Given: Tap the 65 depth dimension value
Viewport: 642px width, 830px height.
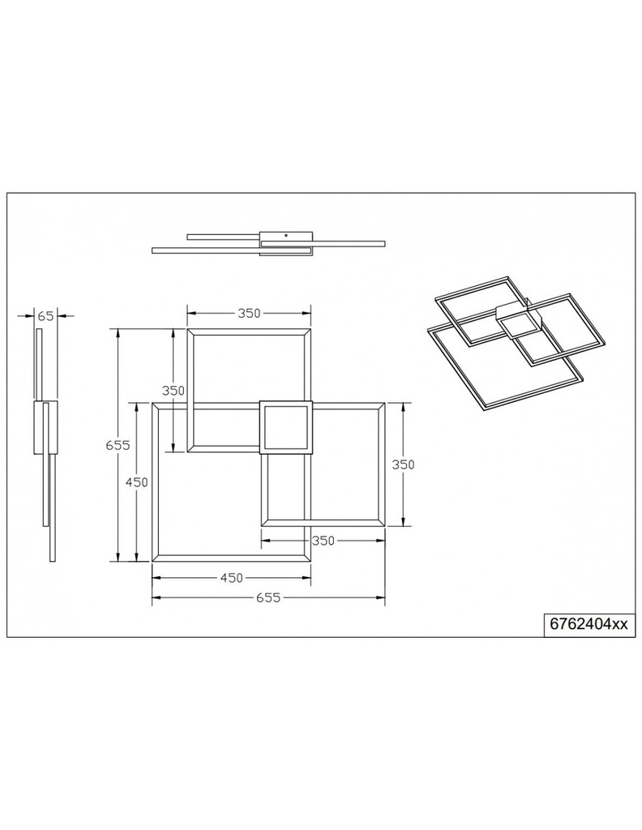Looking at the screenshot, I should (45, 315).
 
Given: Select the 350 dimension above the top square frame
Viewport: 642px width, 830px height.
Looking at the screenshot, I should (249, 314).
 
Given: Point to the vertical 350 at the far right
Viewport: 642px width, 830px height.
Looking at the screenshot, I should (404, 464).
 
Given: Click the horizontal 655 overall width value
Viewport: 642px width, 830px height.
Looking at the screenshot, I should (267, 598).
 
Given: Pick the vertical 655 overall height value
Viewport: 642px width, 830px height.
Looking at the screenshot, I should (118, 445).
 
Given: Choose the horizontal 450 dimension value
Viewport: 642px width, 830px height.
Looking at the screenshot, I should (231, 578).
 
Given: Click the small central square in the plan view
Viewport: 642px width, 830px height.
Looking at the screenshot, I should (285, 426).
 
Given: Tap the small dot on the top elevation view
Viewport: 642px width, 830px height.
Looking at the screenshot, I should (285, 236).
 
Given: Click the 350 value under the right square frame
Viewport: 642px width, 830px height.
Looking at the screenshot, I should (323, 541).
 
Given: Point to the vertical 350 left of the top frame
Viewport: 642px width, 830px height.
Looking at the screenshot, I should (173, 390).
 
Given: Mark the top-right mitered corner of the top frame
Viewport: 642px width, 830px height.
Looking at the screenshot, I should (309, 330).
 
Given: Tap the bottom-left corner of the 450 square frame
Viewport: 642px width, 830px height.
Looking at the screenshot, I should (154, 560).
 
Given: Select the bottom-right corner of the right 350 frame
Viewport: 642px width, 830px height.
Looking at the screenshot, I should (385, 525).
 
